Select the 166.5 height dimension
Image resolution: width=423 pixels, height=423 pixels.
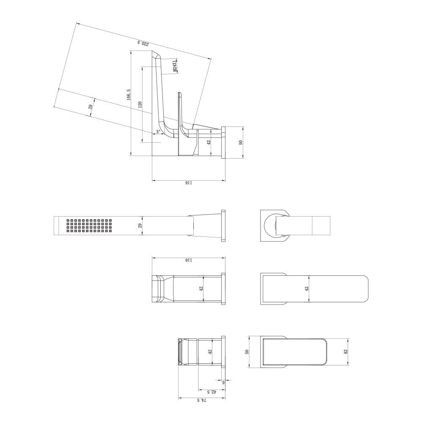[129, 94]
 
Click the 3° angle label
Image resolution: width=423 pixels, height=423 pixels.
[158, 132]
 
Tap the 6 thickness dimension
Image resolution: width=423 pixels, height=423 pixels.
[223, 382]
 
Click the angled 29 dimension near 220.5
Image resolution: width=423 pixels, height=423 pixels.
[90, 107]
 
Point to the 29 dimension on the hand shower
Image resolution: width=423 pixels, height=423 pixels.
[140, 225]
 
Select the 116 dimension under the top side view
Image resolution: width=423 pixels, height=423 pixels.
[188, 183]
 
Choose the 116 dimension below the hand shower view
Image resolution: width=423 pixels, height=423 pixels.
[188, 260]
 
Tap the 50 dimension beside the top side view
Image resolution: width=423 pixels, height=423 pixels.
[241, 143]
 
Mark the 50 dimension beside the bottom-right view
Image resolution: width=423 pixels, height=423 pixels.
[247, 352]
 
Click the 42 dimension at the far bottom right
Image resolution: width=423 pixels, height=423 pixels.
[346, 352]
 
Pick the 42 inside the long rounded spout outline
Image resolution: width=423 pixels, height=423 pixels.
[306, 288]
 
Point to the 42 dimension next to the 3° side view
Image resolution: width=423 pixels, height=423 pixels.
[209, 143]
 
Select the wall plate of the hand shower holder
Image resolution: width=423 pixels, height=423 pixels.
[223, 225]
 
